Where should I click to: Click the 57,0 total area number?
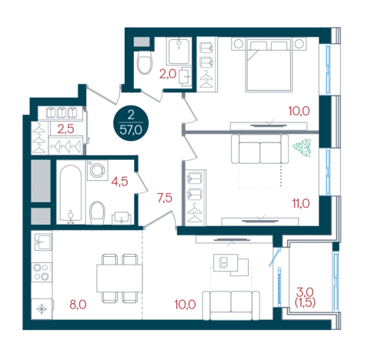tap(131, 130)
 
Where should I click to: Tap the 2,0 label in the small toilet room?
tap(168, 74)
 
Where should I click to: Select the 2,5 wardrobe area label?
tap(65, 129)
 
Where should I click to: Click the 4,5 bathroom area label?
tap(119, 182)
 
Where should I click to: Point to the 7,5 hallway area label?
tap(165, 198)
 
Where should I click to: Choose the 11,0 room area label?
tap(301, 203)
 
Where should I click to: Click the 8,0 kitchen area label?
tap(78, 305)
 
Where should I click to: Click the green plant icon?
tap(302, 148)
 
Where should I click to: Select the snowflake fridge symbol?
tap(42, 309)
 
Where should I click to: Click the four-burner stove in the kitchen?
tap(42, 272)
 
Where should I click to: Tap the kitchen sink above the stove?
tap(43, 242)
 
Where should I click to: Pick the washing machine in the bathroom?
tap(97, 170)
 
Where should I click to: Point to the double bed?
tap(269, 65)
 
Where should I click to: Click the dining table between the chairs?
tap(119, 278)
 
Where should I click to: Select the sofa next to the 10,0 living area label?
tap(231, 305)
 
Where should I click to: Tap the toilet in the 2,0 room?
tap(145, 63)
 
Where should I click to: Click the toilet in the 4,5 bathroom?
tap(97, 213)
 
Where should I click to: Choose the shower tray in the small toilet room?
tap(179, 52)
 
